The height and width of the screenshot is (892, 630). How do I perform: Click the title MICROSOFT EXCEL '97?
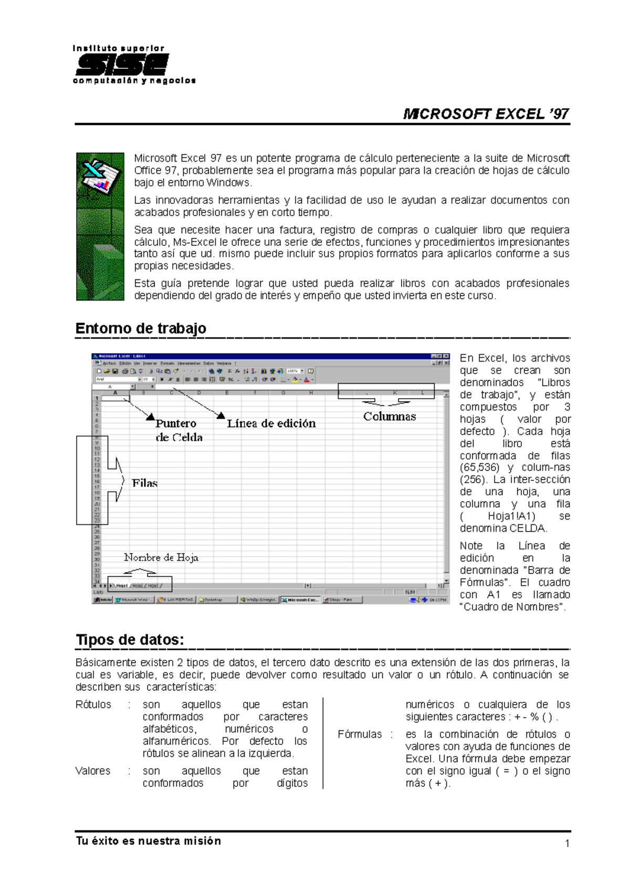point(486,114)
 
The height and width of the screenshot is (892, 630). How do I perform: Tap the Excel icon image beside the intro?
point(100,226)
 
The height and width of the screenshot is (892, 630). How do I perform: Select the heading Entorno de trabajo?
point(141,328)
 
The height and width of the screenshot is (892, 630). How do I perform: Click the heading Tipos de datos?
point(130,640)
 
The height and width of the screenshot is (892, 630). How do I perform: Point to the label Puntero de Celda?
point(178,430)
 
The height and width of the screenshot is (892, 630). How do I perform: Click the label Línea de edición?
point(271,423)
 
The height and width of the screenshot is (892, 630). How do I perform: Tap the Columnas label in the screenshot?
point(389,417)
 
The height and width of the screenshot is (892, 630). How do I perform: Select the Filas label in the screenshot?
point(144,483)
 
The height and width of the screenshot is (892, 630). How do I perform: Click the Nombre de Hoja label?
point(161,557)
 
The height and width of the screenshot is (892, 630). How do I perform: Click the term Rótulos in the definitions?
point(93,704)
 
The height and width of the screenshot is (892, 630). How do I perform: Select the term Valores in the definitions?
point(93,771)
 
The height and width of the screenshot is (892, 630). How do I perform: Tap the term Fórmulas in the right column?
point(360,734)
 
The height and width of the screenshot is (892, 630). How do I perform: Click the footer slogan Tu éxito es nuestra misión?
point(149,841)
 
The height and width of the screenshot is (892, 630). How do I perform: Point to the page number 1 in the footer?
point(567,844)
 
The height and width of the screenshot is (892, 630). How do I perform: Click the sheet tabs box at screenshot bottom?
point(140,585)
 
